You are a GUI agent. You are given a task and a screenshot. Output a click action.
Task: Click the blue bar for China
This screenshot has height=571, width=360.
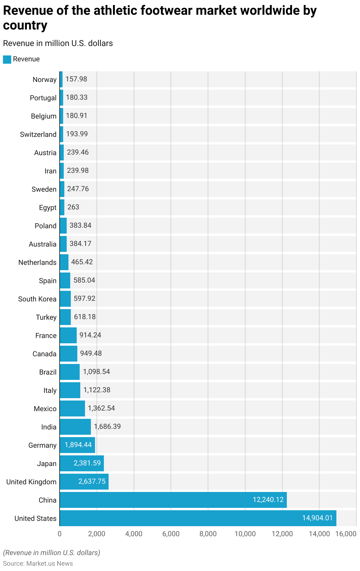173,500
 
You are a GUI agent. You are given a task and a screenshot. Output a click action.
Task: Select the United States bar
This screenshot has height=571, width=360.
198,518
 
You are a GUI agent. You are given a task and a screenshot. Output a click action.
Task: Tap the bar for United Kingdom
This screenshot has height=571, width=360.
84,482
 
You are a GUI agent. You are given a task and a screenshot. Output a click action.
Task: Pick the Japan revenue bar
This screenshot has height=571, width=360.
81,463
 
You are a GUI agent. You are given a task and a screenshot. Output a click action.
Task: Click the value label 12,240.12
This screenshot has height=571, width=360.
268,500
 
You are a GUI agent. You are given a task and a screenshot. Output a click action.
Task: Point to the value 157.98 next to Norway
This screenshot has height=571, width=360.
76,79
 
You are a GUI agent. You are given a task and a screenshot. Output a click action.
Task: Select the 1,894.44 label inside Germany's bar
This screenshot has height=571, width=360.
78,445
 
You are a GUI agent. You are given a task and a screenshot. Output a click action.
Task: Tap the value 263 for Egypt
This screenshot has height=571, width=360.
73,207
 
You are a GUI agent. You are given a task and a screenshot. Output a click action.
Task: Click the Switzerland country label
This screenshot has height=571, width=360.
38,134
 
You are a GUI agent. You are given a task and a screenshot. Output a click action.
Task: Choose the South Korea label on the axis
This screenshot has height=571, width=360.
37,299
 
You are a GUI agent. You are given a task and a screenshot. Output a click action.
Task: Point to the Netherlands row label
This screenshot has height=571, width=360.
37,262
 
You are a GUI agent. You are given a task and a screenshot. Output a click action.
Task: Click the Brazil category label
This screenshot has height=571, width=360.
48,372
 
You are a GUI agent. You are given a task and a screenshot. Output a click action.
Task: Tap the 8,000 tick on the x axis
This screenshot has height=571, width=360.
208,534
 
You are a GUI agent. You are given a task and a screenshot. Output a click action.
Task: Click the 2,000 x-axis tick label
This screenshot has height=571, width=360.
96,534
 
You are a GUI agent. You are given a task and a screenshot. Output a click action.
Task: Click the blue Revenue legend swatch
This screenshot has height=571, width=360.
7,59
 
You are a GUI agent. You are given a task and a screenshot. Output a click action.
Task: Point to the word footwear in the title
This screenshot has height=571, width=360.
163,11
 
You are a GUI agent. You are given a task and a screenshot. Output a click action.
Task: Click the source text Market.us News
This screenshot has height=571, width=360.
49,564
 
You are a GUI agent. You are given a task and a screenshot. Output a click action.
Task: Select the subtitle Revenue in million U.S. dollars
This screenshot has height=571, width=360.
58,43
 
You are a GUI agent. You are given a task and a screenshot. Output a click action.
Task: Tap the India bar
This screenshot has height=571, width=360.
75,427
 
